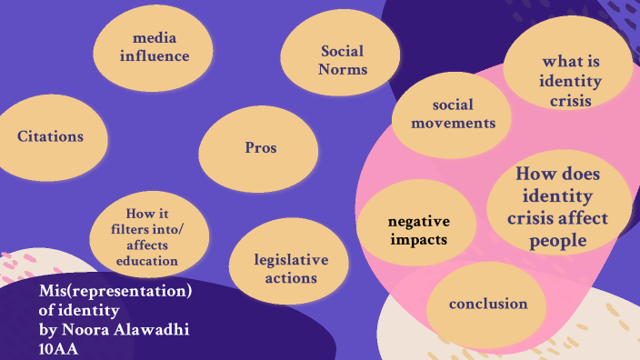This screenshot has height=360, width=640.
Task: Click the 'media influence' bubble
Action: pos(154,48)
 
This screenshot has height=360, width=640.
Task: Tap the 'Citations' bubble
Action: pos(50,136)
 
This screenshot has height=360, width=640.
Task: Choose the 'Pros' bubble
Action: pos(260,147)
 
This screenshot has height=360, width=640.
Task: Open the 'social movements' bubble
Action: pos(452,113)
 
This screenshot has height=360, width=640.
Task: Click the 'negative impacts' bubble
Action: pos(418,231)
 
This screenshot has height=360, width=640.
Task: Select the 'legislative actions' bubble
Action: pos(290,268)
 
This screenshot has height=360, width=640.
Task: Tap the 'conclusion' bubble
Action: pos(488,304)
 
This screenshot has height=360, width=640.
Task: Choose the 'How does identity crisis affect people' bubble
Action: pos(559,206)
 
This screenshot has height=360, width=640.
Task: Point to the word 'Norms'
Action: pos(343,68)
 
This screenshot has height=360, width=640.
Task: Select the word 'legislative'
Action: pos(290,260)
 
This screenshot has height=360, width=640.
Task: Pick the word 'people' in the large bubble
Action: pos(559,239)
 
